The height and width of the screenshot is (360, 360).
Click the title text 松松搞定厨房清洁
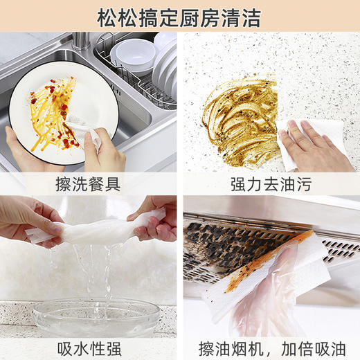pos(179,17)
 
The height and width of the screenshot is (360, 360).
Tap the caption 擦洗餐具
pos(89,184)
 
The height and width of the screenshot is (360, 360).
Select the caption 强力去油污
pos(270,184)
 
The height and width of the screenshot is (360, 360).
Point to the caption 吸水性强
pos(89,347)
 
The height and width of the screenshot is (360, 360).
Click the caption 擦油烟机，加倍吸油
pos(270,347)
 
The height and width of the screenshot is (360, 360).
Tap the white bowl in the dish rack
pos(132,55)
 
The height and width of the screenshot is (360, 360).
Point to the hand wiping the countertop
pos(315,149)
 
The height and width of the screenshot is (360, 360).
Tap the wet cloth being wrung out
pos(104,232)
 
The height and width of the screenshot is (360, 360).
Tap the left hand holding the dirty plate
pos(24,149)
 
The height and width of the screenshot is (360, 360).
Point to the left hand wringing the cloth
pos(28,222)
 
